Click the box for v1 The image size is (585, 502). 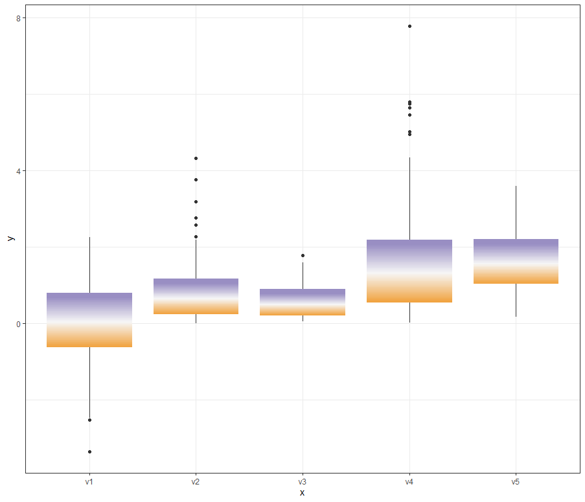tap(89, 320)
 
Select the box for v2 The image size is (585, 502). tap(196, 296)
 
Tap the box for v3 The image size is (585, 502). tap(303, 302)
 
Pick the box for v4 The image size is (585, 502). tap(409, 271)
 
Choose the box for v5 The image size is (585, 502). tap(516, 261)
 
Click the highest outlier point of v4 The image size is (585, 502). tap(409, 26)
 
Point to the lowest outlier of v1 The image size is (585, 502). tap(89, 451)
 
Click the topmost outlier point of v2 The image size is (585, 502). tap(196, 158)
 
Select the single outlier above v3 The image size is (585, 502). tap(303, 255)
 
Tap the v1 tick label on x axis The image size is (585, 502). tap(89, 483)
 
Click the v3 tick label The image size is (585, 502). tap(303, 483)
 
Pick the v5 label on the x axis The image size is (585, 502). tap(516, 483)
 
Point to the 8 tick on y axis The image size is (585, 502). tap(19, 18)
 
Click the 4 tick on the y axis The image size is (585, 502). tap(19, 171)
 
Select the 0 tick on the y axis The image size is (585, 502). tap(19, 324)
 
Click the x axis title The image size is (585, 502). tap(303, 493)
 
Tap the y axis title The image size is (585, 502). tap(10, 238)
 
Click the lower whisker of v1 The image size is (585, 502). tap(89, 382)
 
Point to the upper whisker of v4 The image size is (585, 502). tap(409, 198)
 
